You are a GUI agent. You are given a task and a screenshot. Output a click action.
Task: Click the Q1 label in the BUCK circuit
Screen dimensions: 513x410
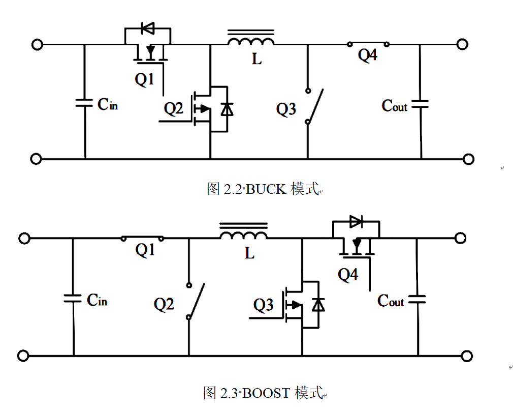(x=144, y=79)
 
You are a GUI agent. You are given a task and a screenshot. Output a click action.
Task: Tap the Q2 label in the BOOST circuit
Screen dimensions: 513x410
(x=164, y=304)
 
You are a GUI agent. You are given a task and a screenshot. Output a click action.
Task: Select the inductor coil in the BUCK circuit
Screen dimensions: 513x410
(x=251, y=41)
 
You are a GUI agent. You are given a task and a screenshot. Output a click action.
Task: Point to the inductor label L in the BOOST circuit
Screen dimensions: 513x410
(x=249, y=253)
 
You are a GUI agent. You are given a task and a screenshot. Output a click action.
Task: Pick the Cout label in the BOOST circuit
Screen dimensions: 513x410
(x=391, y=301)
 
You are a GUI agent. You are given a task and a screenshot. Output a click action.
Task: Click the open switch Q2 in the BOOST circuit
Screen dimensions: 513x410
(x=195, y=301)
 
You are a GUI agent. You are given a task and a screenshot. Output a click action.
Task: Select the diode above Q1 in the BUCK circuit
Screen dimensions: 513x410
(x=148, y=28)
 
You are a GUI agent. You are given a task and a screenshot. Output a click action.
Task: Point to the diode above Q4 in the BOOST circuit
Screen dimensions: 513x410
(x=356, y=222)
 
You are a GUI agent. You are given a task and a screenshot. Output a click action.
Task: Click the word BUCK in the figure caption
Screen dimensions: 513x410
(x=266, y=189)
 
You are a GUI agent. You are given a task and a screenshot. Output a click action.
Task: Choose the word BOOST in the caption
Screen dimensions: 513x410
(x=266, y=393)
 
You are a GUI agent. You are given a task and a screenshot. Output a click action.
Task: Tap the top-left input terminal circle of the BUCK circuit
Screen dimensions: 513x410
(x=37, y=44)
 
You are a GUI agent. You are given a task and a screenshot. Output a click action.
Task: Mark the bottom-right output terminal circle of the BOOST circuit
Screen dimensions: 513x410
(x=467, y=356)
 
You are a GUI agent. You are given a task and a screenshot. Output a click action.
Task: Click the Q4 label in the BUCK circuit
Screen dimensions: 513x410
(x=367, y=55)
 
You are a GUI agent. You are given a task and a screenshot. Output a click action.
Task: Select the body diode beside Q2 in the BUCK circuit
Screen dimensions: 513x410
(x=227, y=109)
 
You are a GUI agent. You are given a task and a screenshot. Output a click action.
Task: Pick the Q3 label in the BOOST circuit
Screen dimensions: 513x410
(x=263, y=305)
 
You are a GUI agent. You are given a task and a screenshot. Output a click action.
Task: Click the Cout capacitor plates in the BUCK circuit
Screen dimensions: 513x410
(x=420, y=104)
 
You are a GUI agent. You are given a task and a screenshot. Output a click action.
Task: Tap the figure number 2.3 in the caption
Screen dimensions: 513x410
(x=229, y=393)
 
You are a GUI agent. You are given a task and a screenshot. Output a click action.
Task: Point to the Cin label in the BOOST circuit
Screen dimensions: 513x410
(x=97, y=300)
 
